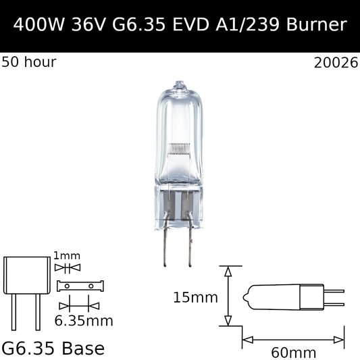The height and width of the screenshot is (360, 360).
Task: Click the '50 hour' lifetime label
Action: (x=30, y=63)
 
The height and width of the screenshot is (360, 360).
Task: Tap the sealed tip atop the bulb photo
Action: (x=179, y=86)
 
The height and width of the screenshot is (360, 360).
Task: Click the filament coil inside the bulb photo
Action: (x=179, y=147)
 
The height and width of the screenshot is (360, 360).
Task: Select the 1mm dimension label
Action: (x=68, y=255)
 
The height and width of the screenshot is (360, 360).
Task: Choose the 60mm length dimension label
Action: (x=292, y=352)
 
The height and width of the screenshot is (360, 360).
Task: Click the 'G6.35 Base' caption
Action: (x=54, y=349)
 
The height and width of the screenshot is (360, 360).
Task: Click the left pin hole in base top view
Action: (x=68, y=286)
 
